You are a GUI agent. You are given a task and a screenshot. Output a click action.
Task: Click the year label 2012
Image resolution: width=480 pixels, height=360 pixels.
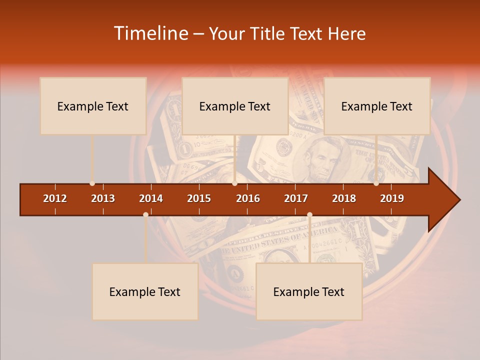pyautogui.click(x=55, y=198)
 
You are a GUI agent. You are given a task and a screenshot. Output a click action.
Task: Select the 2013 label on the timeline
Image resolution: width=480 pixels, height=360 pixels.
pyautogui.click(x=103, y=198)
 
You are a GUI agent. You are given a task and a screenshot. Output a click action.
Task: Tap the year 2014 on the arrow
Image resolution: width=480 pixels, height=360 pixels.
pyautogui.click(x=151, y=198)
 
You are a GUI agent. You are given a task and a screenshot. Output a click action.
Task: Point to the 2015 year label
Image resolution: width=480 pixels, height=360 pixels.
pyautogui.click(x=199, y=198)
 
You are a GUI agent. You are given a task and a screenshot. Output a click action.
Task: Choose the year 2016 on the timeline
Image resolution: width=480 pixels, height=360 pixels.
pyautogui.click(x=248, y=198)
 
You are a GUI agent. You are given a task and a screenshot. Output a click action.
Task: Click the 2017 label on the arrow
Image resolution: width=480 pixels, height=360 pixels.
pyautogui.click(x=296, y=198)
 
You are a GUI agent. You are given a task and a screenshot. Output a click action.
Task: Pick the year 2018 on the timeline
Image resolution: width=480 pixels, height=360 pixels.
pyautogui.click(x=344, y=198)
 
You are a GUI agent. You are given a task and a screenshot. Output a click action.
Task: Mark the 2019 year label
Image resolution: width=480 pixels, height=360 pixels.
pyautogui.click(x=392, y=198)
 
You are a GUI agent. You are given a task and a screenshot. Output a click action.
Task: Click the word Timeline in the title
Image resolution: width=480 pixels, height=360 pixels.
pyautogui.click(x=150, y=33)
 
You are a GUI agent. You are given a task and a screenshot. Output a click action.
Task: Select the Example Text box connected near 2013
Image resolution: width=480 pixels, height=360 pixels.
pyautogui.click(x=93, y=106)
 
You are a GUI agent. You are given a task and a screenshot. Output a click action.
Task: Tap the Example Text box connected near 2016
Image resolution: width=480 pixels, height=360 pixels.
pyautogui.click(x=235, y=106)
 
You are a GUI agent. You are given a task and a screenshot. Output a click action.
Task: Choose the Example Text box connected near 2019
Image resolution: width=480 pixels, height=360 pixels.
pyautogui.click(x=377, y=106)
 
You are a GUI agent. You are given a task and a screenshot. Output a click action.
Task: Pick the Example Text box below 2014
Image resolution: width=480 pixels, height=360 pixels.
pyautogui.click(x=145, y=291)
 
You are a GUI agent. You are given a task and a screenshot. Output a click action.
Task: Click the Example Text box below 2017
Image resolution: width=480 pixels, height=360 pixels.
pyautogui.click(x=309, y=291)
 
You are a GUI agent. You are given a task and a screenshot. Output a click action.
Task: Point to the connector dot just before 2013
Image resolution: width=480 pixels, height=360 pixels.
pyautogui.click(x=92, y=183)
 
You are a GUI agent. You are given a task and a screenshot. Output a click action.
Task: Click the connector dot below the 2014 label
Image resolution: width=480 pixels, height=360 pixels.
pyautogui.click(x=145, y=214)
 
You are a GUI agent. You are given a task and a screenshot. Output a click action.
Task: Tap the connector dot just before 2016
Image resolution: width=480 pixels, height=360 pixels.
pyautogui.click(x=234, y=183)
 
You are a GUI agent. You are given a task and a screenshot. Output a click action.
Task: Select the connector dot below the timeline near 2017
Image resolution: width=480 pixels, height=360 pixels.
pyautogui.click(x=309, y=214)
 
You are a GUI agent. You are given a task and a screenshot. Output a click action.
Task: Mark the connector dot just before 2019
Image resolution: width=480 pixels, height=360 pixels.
pyautogui.click(x=376, y=183)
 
